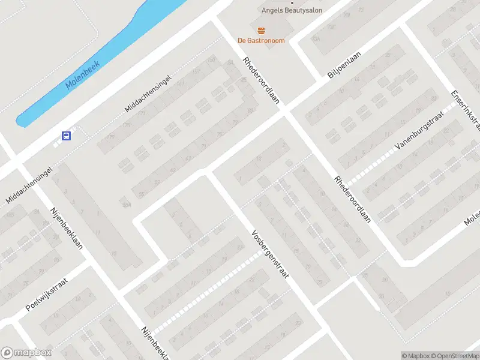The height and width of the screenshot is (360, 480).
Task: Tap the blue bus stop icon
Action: pyautogui.click(x=67, y=136)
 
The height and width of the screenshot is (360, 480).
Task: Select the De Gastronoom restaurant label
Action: pyautogui.click(x=261, y=41)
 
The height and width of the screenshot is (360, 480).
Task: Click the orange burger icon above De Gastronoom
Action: pyautogui.click(x=261, y=30)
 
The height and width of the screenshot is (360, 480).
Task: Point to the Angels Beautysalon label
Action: pyautogui.click(x=292, y=10)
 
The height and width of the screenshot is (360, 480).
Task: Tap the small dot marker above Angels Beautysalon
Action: pyautogui.click(x=292, y=2)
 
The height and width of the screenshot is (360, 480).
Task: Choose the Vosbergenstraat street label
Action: pyautogui.click(x=270, y=254)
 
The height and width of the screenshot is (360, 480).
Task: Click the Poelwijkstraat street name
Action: pyautogui.click(x=47, y=295)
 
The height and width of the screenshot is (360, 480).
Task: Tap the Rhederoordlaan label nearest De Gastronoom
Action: pyautogui.click(x=262, y=81)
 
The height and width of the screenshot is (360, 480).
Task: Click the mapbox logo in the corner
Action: pyautogui.click(x=26, y=353)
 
